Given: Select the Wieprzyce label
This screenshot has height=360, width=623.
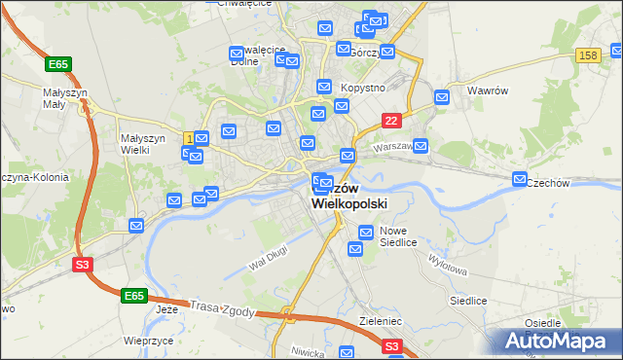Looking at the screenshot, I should tap(148, 342).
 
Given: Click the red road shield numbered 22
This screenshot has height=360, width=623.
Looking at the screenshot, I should tap(391, 120).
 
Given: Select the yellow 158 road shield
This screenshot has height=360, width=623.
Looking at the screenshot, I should tap(587, 56).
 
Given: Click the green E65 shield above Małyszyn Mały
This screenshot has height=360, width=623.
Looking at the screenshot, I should tap(58, 64).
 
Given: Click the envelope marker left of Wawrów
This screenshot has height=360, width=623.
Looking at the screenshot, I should tap(442, 96).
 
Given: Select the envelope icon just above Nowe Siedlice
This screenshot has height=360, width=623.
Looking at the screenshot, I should tap(366, 233).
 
